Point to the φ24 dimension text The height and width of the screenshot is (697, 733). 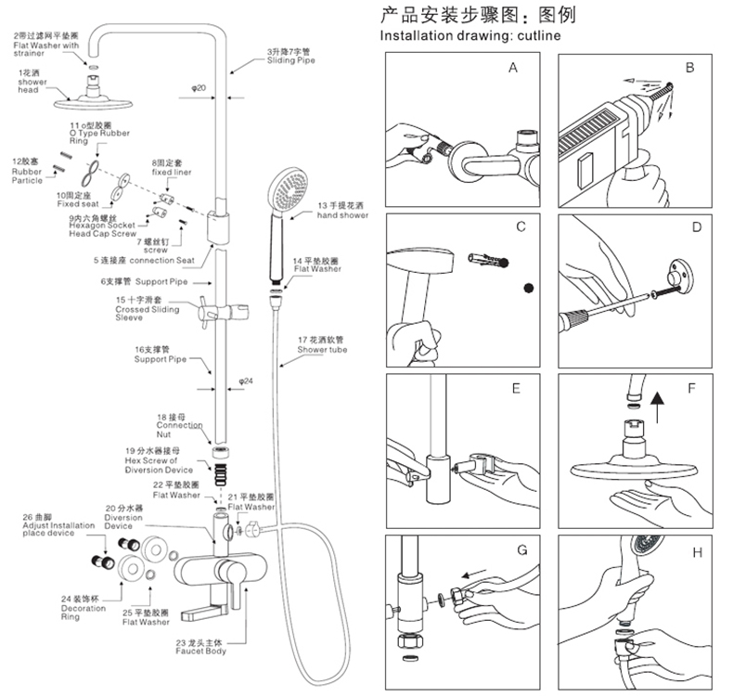pos(246,381)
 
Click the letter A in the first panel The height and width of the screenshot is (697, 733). pos(513,68)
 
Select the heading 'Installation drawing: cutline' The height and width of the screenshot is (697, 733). pos(471,35)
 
